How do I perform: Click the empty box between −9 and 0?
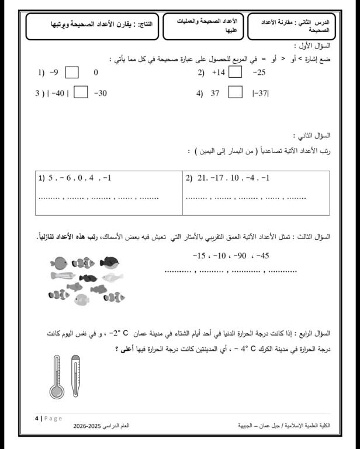coord(72,73)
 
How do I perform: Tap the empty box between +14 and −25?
coord(235,73)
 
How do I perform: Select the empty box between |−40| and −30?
coord(81,92)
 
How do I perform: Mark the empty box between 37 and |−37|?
coord(235,92)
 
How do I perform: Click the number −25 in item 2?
coord(259,73)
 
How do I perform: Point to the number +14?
coord(218,73)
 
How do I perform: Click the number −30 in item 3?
coord(100,93)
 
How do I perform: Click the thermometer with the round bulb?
coord(57,377)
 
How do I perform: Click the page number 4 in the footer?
coord(36,418)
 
